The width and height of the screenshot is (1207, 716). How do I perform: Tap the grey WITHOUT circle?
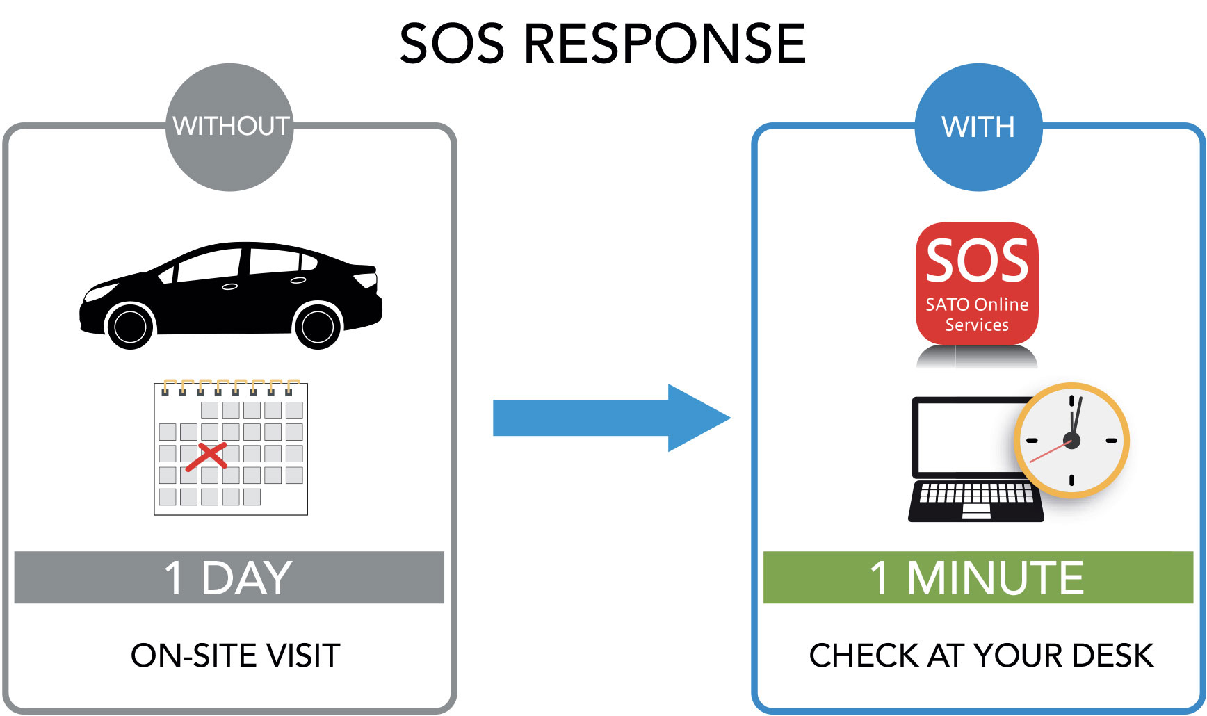pyautogui.click(x=230, y=127)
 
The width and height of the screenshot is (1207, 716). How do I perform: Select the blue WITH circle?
pyautogui.click(x=978, y=127)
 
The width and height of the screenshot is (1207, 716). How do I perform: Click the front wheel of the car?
pyautogui.click(x=130, y=326)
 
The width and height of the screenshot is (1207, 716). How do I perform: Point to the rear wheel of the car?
pyautogui.click(x=318, y=326)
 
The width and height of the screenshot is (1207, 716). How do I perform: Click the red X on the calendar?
pyautogui.click(x=207, y=456)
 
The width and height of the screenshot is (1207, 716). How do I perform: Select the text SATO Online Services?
pyautogui.click(x=977, y=314)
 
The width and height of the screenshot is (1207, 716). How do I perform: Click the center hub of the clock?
pyautogui.click(x=1071, y=440)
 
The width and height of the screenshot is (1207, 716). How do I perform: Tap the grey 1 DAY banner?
pyautogui.click(x=229, y=578)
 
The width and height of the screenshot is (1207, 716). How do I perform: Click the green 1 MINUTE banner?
pyautogui.click(x=978, y=578)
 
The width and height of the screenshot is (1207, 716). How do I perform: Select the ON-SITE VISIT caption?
pyautogui.click(x=235, y=656)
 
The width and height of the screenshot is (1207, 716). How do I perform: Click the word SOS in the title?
pyautogui.click(x=452, y=44)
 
